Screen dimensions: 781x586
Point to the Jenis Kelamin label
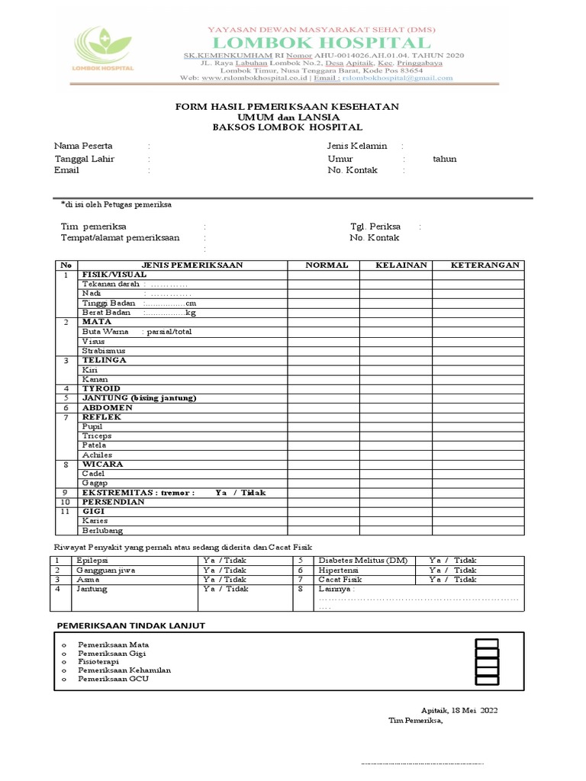pos(357,146)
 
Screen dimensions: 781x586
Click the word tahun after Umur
pos(444,159)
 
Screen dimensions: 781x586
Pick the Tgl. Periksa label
pos(370,227)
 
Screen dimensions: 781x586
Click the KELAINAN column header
pos(396,265)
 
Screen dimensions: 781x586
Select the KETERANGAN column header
pos(485,265)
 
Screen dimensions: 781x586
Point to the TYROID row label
pos(101,388)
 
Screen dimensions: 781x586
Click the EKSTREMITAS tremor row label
pos(138,493)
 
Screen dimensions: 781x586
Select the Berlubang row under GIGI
pos(101,531)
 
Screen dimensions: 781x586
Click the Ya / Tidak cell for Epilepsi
pos(224,560)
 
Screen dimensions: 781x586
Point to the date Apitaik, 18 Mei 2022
pos(459,709)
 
